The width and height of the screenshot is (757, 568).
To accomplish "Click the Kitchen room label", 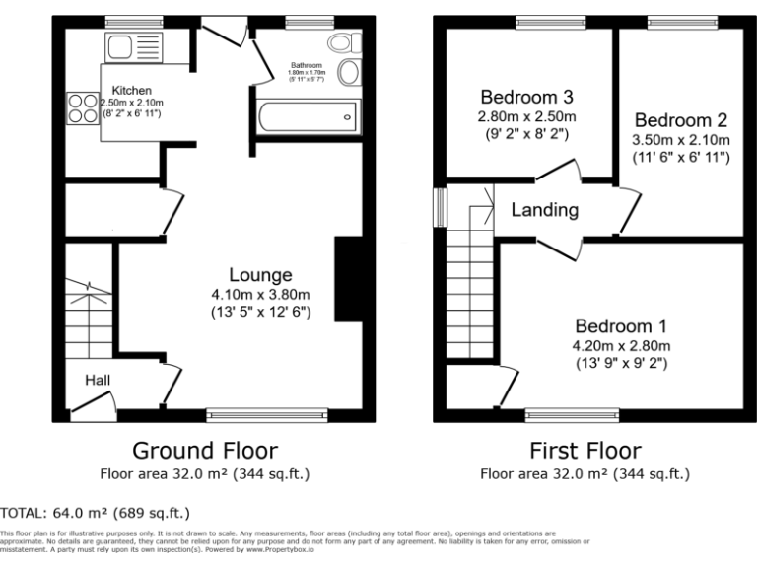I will point(131,90).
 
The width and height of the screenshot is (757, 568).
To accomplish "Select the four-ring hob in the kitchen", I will point(81,106).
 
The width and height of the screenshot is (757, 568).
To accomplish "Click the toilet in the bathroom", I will point(342,42).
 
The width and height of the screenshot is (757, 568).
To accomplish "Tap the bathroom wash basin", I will point(349,73).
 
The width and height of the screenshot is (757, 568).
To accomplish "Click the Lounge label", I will point(259,275).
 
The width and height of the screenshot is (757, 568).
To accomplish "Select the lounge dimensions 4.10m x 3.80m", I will point(260,294).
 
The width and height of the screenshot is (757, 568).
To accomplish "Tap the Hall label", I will point(97,381).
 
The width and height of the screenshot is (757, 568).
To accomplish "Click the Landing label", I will point(544,210).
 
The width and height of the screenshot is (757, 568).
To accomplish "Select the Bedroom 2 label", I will point(680,120).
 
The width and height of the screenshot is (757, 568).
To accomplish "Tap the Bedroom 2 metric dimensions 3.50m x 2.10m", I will point(680,140).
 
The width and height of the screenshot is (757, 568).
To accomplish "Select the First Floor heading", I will point(585,451).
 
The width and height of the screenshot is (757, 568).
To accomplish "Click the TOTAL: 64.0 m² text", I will point(96,513).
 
